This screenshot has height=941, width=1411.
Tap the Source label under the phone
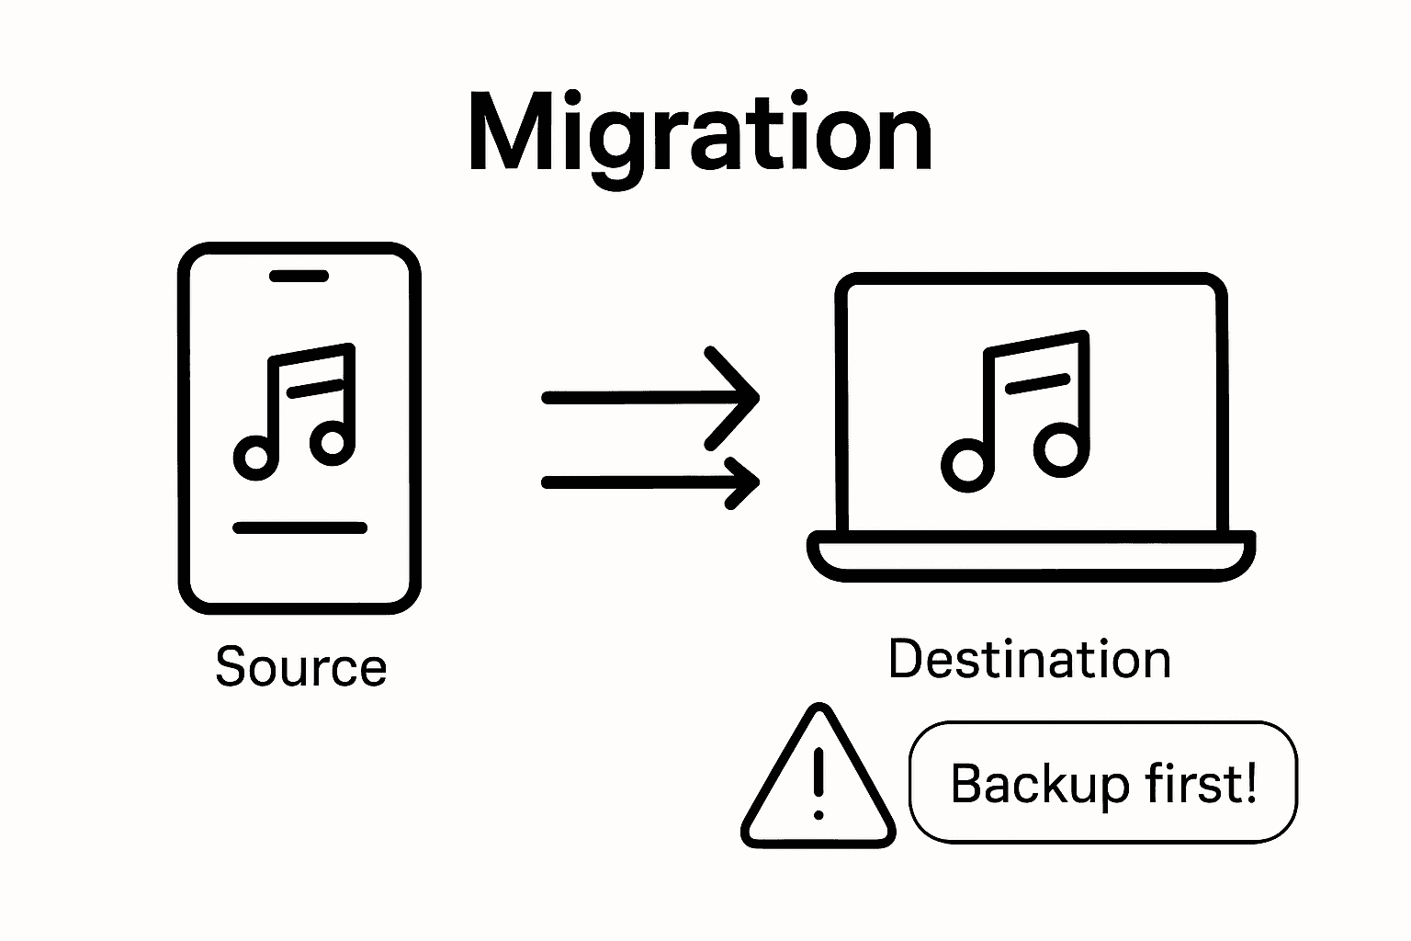pyautogui.click(x=300, y=667)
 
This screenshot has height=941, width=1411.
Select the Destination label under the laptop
pyautogui.click(x=1030, y=659)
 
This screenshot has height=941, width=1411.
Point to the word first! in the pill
pyautogui.click(x=1202, y=784)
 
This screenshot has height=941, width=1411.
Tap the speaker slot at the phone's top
pyautogui.click(x=299, y=276)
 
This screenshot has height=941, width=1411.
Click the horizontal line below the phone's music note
pyautogui.click(x=299, y=527)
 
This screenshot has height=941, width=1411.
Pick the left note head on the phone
pyautogui.click(x=256, y=457)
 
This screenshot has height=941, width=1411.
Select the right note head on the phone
pyautogui.click(x=333, y=443)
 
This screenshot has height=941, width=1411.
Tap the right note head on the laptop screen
pyautogui.click(x=1060, y=448)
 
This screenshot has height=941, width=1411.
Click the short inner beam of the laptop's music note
pyautogui.click(x=1038, y=382)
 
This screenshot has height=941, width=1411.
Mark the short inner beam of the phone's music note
pyautogui.click(x=316, y=388)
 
